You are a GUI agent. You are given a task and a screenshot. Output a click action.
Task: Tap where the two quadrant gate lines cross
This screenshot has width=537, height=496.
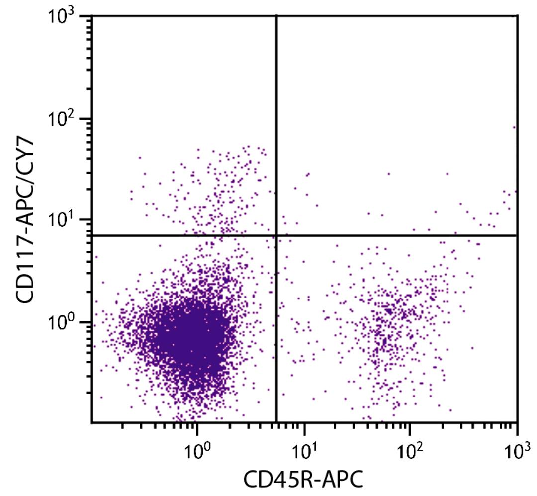(x=276, y=235)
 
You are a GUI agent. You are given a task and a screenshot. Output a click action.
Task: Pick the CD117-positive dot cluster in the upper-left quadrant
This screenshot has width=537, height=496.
(x=219, y=194)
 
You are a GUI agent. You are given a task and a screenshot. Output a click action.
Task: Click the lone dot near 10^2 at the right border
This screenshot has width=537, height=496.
(x=514, y=127)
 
